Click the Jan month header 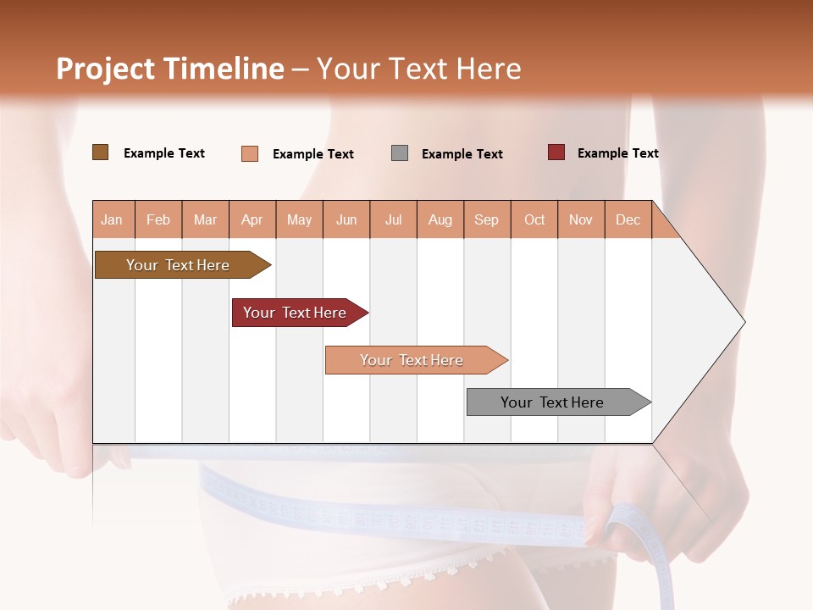(x=112, y=220)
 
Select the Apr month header (x=252, y=220)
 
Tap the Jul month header (x=393, y=220)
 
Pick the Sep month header (x=486, y=220)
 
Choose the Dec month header (x=628, y=220)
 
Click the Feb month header (x=158, y=220)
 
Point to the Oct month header (x=534, y=220)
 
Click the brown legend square (x=100, y=152)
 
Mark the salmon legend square (x=250, y=153)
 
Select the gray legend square (x=400, y=153)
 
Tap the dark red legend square (x=556, y=152)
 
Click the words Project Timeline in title (x=169, y=69)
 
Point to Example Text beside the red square (x=617, y=153)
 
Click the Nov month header (x=581, y=220)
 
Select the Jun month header (x=346, y=220)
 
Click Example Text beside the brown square (x=164, y=153)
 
